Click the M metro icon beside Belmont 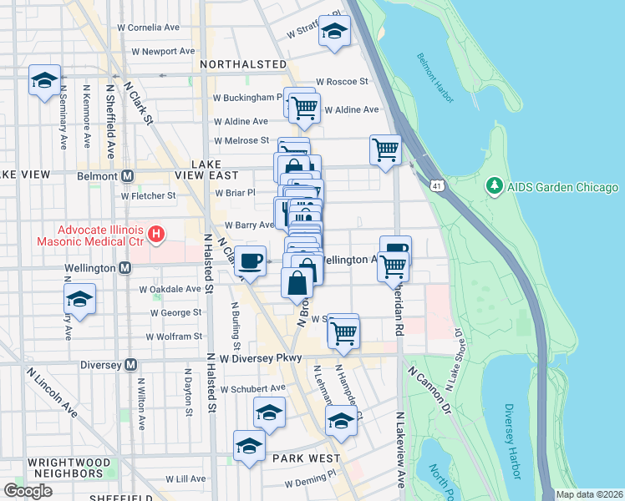tap(128, 176)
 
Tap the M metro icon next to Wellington tap(124, 268)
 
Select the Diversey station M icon tap(130, 365)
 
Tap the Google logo tap(28, 490)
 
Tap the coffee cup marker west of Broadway tap(250, 261)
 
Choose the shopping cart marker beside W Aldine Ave tap(305, 106)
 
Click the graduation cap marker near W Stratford tap(335, 32)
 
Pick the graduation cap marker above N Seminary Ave tap(44, 80)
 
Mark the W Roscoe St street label tap(342, 82)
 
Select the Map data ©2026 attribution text tap(589, 494)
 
